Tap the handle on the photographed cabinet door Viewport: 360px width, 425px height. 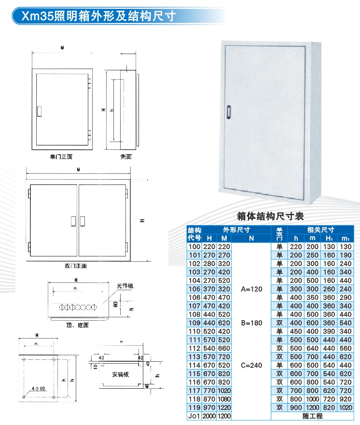point(228,110)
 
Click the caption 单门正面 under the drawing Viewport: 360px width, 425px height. point(61,157)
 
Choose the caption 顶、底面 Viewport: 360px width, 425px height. point(77,325)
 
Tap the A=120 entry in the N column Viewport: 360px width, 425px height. point(251,289)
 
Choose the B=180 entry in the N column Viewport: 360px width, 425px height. point(251,323)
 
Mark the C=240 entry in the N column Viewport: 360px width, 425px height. point(251,365)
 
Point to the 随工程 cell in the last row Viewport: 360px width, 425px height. point(312,416)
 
